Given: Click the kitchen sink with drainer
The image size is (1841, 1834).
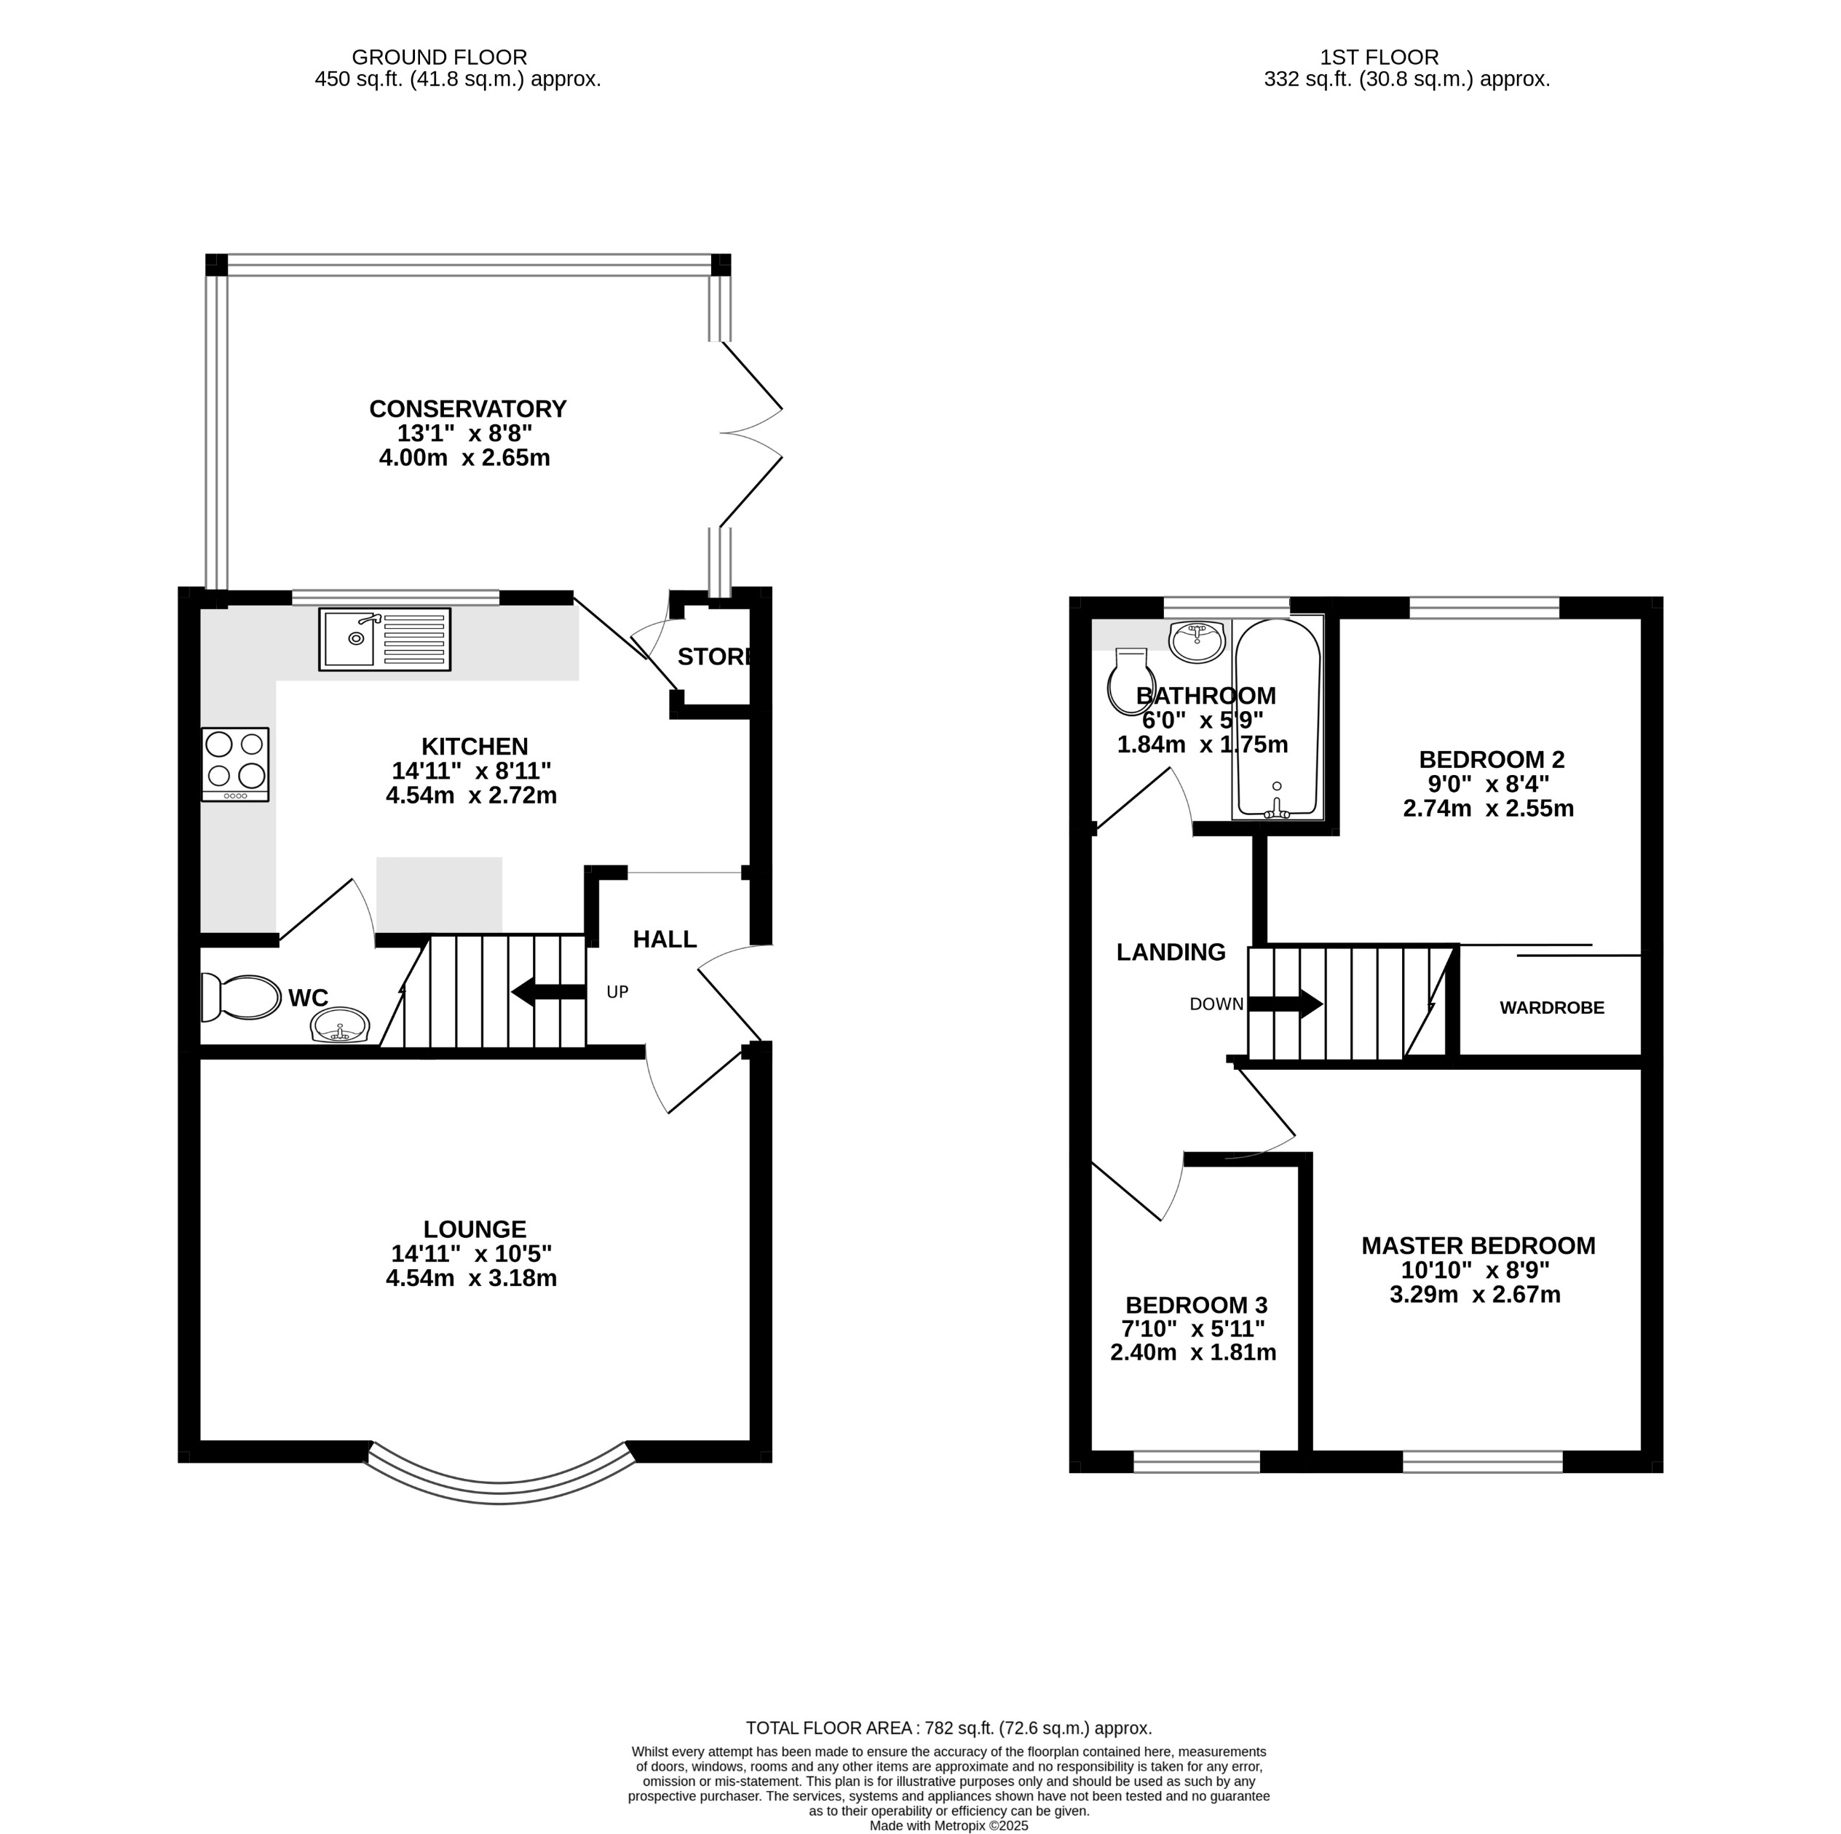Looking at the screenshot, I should [384, 639].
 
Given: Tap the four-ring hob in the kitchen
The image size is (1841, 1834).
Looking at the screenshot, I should [235, 763].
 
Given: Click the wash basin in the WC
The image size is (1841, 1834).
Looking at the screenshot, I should [340, 1027].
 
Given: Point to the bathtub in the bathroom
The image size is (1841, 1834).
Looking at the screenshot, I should [1277, 718].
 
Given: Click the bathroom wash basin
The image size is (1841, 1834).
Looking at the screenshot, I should [1197, 641].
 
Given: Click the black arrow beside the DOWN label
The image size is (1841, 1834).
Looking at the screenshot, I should [1286, 1003].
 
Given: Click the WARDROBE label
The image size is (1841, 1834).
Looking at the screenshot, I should [1551, 1008].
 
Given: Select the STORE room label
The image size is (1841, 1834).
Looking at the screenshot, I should [716, 656].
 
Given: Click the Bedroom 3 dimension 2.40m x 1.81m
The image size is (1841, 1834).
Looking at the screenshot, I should [1192, 1353].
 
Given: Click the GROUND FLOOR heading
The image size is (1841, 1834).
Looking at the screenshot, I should [439, 57].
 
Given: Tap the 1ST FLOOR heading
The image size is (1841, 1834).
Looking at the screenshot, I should [1379, 57].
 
